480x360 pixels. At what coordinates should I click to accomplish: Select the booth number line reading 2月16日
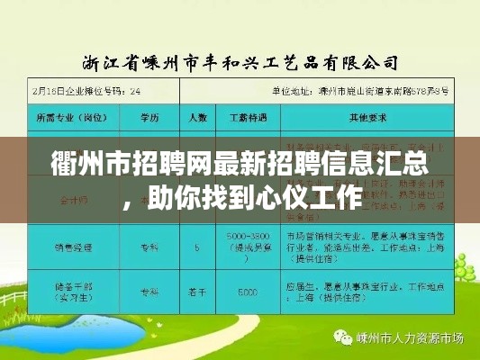[x=99, y=91]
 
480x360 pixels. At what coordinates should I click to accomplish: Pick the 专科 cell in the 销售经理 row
[x=149, y=243]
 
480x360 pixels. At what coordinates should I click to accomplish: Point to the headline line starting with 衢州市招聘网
[x=240, y=166]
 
